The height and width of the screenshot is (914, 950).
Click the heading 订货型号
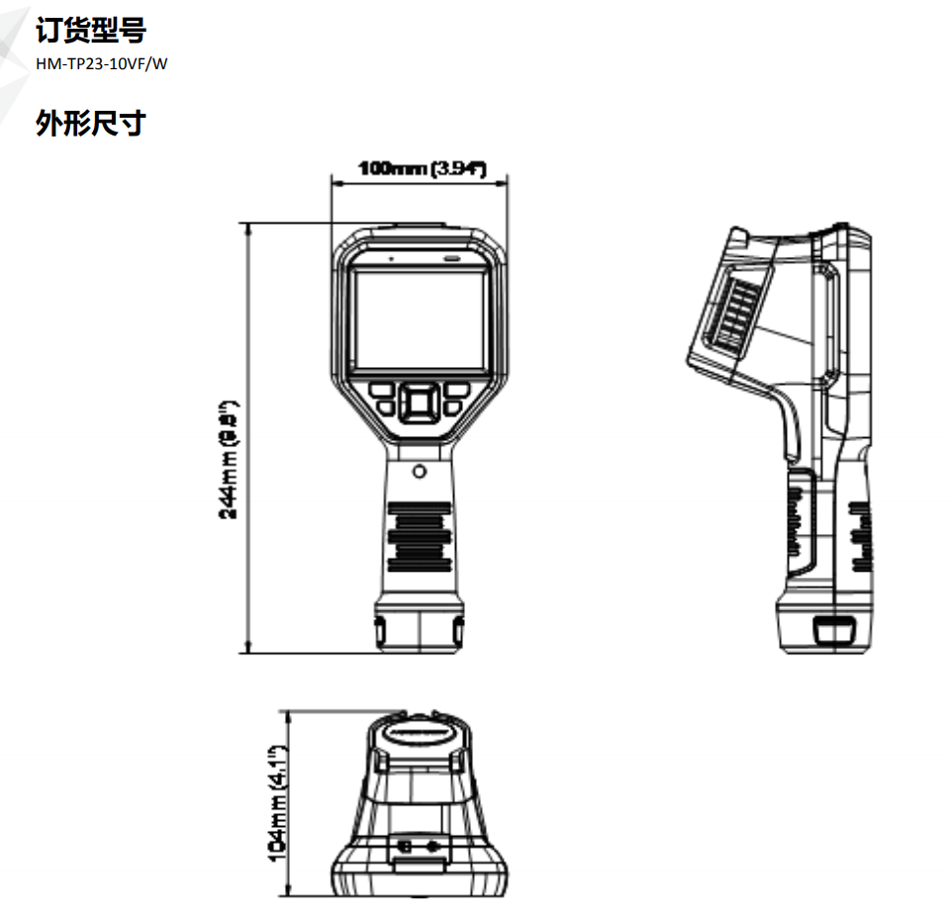(90, 32)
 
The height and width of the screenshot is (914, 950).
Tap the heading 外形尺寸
(90, 124)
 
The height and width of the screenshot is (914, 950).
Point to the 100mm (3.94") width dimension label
(423, 169)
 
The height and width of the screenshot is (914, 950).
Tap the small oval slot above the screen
(451, 258)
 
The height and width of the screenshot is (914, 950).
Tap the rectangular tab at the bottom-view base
(419, 866)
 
